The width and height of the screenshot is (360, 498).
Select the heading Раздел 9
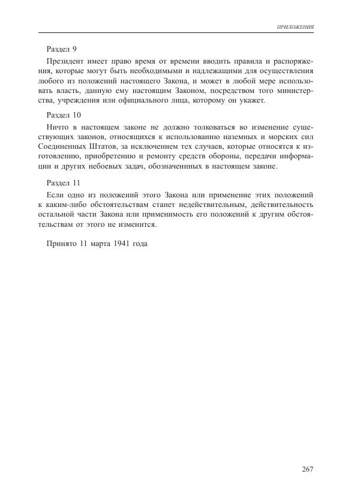click(x=62, y=49)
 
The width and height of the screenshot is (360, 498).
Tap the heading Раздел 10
click(x=64, y=114)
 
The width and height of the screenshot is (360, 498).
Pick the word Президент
click(x=65, y=61)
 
